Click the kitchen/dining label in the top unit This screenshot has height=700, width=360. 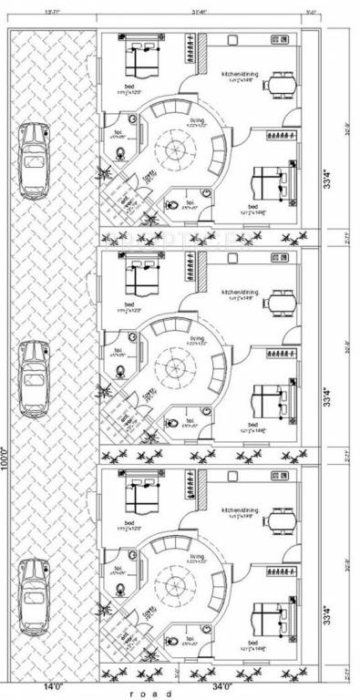pyautogui.click(x=241, y=72)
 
